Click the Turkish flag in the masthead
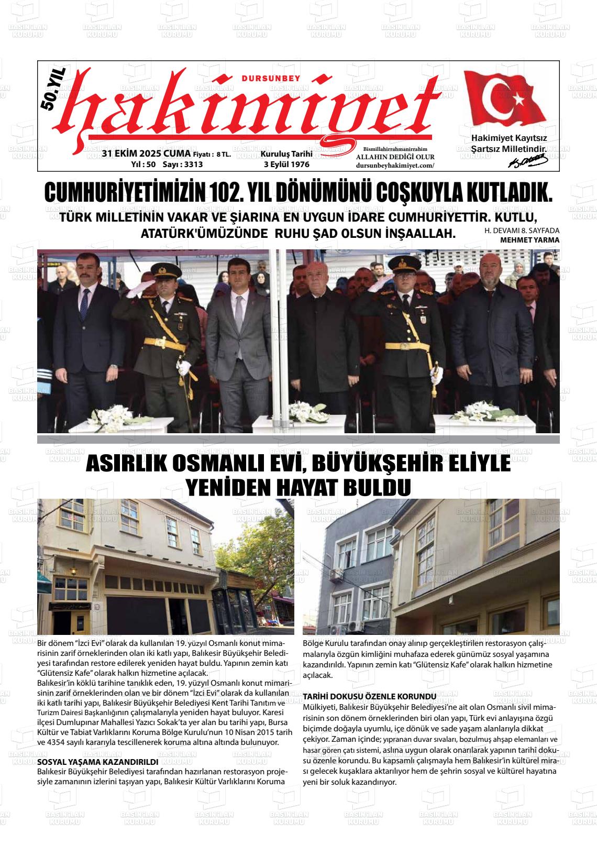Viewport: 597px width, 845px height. tap(506, 100)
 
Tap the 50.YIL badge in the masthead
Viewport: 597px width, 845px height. tap(52, 92)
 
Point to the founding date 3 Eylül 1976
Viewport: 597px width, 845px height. tap(286, 164)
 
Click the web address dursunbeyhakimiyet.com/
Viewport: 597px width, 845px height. tap(395, 165)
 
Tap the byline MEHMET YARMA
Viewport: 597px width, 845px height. tap(529, 240)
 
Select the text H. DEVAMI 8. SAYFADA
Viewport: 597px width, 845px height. tap(522, 231)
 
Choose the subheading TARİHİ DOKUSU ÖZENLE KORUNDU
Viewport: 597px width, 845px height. tap(370, 696)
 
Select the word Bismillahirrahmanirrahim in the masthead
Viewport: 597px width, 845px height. tap(395, 149)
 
